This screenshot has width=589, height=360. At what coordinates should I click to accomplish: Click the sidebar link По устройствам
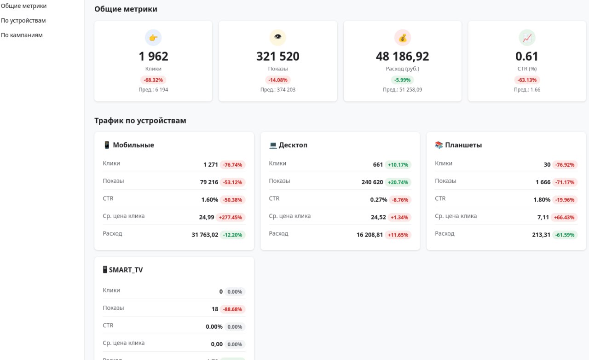tap(23, 21)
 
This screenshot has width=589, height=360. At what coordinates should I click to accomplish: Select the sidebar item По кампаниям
tap(22, 35)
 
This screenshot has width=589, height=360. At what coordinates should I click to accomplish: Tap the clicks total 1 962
tap(153, 57)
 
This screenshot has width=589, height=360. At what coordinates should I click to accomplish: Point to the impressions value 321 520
tap(277, 57)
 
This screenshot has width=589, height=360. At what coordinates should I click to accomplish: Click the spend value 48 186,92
tap(402, 57)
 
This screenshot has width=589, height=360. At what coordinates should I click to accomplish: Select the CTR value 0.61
tap(527, 57)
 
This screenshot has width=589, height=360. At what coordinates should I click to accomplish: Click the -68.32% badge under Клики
tap(153, 80)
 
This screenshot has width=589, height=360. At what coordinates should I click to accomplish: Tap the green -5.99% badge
tap(402, 80)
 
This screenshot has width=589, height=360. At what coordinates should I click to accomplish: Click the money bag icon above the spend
tap(402, 38)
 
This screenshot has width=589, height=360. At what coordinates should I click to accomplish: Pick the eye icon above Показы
tap(277, 38)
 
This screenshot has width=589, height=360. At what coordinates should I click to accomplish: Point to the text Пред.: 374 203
tap(277, 90)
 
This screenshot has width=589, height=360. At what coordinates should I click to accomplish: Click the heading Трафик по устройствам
tap(140, 121)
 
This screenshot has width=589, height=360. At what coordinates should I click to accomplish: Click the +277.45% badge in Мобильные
tap(232, 217)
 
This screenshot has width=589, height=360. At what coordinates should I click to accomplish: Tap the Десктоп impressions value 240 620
tap(372, 182)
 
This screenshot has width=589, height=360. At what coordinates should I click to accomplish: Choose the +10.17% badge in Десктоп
tap(398, 165)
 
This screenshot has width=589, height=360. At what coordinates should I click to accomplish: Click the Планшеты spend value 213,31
tap(541, 235)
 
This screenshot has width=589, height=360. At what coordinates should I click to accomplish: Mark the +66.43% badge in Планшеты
tap(565, 217)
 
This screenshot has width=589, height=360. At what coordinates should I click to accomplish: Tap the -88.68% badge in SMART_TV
tap(232, 309)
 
